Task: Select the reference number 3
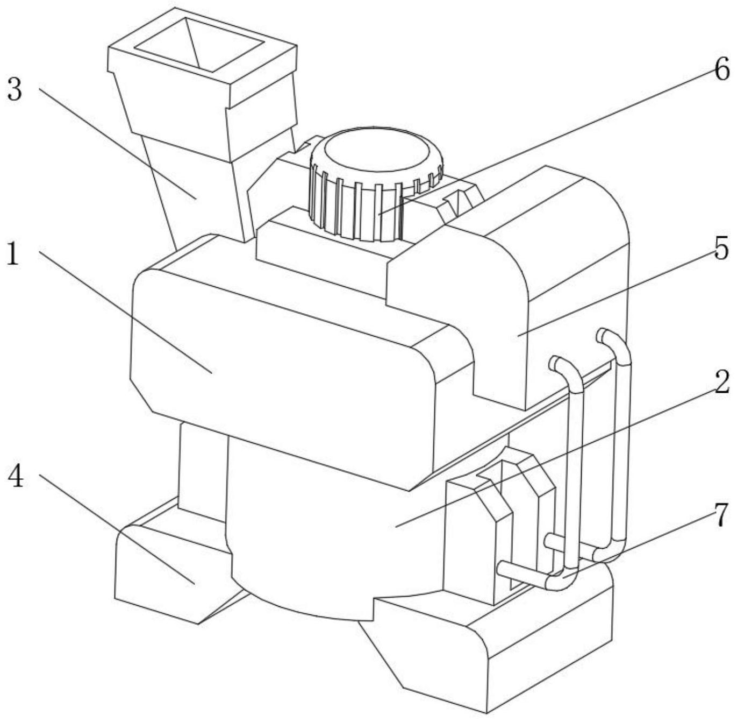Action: point(15,90)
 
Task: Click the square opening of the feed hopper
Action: point(199,46)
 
